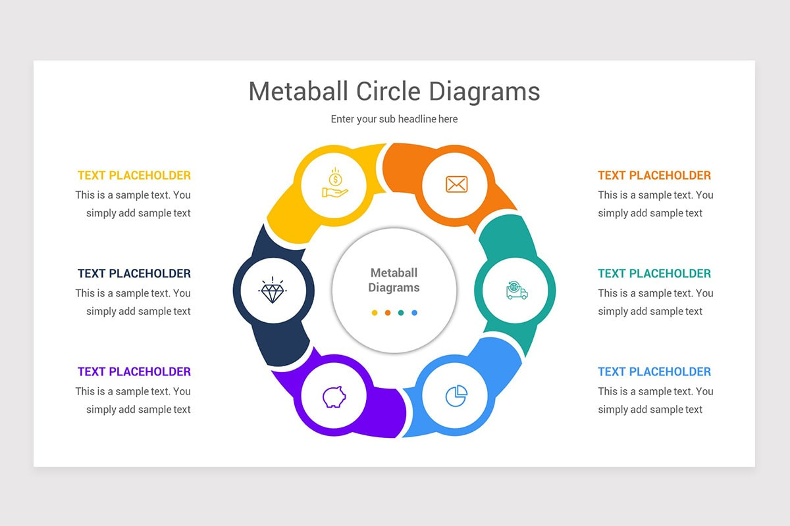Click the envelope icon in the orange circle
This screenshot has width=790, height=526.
click(456, 184)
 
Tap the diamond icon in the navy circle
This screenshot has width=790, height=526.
click(273, 290)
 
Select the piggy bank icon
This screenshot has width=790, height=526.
click(334, 396)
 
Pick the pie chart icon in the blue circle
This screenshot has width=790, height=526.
click(456, 396)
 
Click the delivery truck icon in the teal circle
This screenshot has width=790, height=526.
click(517, 291)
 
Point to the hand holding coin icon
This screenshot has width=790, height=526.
click(335, 183)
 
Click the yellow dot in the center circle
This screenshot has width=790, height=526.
click(375, 313)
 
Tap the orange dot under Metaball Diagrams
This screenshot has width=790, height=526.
click(388, 313)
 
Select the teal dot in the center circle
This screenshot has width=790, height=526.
click(401, 313)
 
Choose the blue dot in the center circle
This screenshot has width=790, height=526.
click(414, 313)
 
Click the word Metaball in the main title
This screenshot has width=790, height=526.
click(298, 91)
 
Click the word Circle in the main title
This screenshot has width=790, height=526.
click(388, 91)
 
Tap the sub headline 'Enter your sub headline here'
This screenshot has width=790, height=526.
click(394, 119)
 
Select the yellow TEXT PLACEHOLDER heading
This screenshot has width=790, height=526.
click(134, 176)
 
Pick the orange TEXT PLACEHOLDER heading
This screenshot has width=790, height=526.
click(654, 176)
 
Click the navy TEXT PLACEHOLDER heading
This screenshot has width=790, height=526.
click(134, 274)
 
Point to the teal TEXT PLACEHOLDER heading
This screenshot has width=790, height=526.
click(654, 274)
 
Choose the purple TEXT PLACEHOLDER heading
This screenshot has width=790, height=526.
click(134, 371)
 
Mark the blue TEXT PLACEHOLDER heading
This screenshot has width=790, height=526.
click(654, 371)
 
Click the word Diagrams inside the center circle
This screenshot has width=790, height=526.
click(394, 288)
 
